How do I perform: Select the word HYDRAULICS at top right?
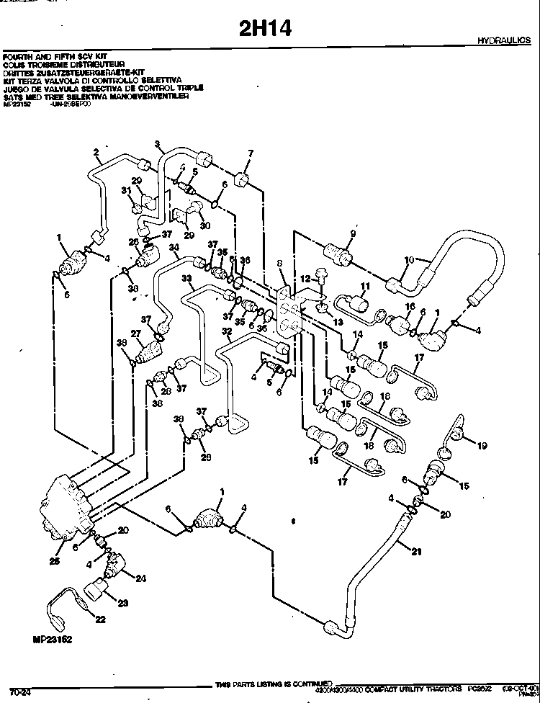click(504, 41)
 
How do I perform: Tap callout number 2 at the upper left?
click(96, 151)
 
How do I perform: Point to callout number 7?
click(251, 153)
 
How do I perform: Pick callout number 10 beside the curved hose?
click(408, 260)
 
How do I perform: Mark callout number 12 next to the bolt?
click(305, 279)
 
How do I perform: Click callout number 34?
click(174, 247)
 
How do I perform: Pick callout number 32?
click(227, 332)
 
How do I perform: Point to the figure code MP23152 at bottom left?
click(53, 638)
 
